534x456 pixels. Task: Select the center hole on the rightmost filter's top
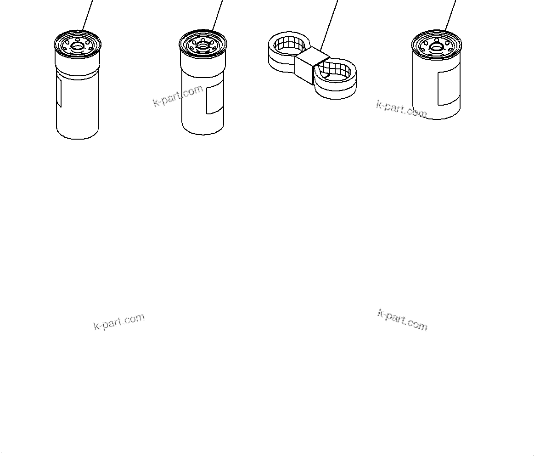point(436,46)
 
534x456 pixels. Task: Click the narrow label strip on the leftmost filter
point(58,92)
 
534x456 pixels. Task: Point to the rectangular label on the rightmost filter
point(448,88)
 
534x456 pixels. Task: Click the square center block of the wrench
point(312,64)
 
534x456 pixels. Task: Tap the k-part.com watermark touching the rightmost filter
point(401,109)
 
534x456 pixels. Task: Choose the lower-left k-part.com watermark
point(119,321)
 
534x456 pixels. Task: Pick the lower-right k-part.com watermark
point(402,320)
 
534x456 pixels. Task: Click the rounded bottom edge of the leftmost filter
point(77,137)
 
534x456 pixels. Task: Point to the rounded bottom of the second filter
point(203,134)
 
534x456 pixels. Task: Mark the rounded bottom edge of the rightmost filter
point(436,118)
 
